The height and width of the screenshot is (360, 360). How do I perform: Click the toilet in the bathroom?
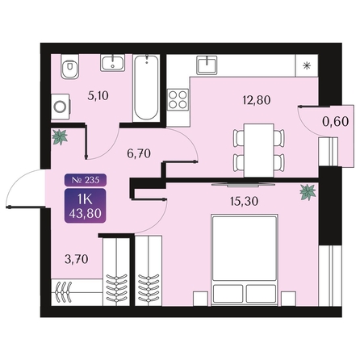coord(70,66)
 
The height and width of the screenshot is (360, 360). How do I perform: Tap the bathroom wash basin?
coord(113,63)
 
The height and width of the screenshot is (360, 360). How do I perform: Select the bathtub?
coord(146,88)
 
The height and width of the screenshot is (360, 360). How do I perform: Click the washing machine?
coord(61,107)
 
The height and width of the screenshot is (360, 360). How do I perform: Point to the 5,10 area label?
coord(98,96)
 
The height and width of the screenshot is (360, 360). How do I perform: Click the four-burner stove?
coord(178,99)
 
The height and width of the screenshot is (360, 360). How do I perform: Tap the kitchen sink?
coord(207,65)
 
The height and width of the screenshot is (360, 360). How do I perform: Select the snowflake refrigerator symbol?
coord(307,66)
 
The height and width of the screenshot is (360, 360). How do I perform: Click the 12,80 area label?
coord(257,100)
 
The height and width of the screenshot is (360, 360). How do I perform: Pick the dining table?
coord(259,150)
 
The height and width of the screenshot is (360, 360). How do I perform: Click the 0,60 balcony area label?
coord(335,122)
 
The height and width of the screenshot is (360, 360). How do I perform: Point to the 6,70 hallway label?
coord(139,153)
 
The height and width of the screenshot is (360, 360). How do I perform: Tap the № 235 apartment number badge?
coord(86,180)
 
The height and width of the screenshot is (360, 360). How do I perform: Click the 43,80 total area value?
coord(86,214)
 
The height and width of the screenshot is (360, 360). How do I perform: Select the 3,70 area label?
coord(77,259)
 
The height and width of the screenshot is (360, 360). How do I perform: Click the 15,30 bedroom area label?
coord(245,201)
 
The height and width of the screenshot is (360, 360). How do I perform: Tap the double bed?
coord(245,260)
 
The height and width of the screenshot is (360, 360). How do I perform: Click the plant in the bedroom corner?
coord(308,192)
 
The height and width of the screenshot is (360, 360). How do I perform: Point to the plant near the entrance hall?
coord(60,137)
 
